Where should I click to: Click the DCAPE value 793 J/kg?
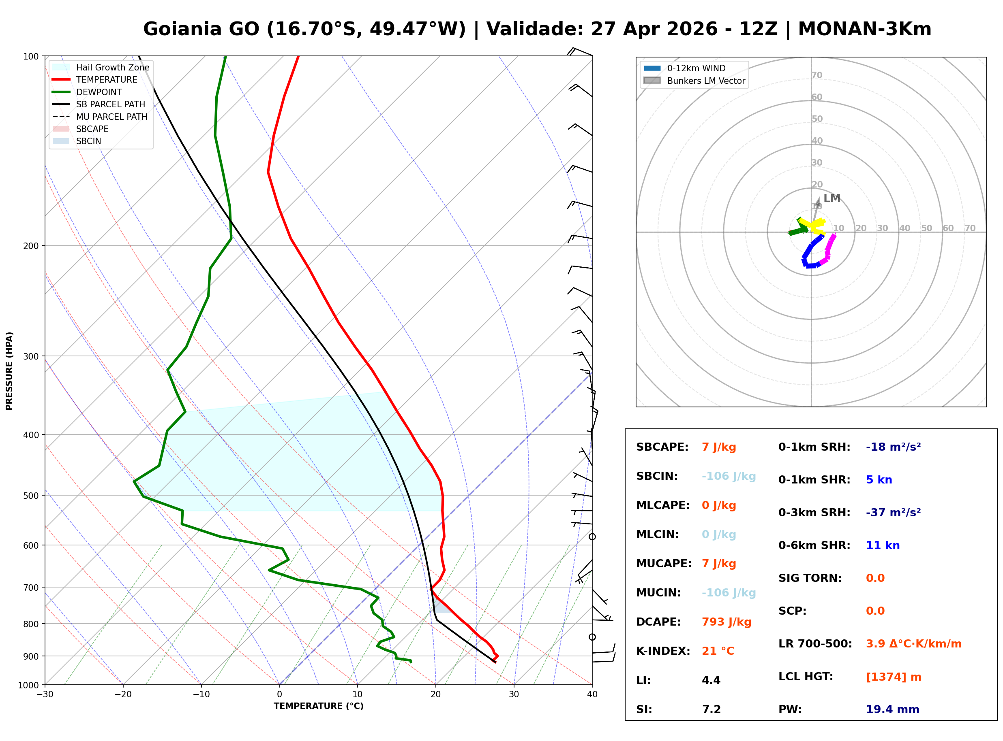point(726,622)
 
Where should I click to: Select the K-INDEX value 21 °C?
point(718,651)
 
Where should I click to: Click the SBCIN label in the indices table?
point(656,476)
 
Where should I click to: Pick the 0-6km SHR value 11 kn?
point(882,545)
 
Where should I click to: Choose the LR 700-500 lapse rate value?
point(913,644)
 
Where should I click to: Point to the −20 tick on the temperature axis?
point(122,694)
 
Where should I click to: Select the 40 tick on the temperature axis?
point(592,694)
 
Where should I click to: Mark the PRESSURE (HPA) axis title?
point(9,370)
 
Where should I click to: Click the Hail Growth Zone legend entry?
point(112,67)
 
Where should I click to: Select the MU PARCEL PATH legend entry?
point(111,117)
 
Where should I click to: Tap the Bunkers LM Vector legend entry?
point(705,81)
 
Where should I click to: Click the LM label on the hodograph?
point(832,198)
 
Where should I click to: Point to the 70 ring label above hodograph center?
point(817,75)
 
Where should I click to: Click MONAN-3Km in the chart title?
point(864,29)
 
